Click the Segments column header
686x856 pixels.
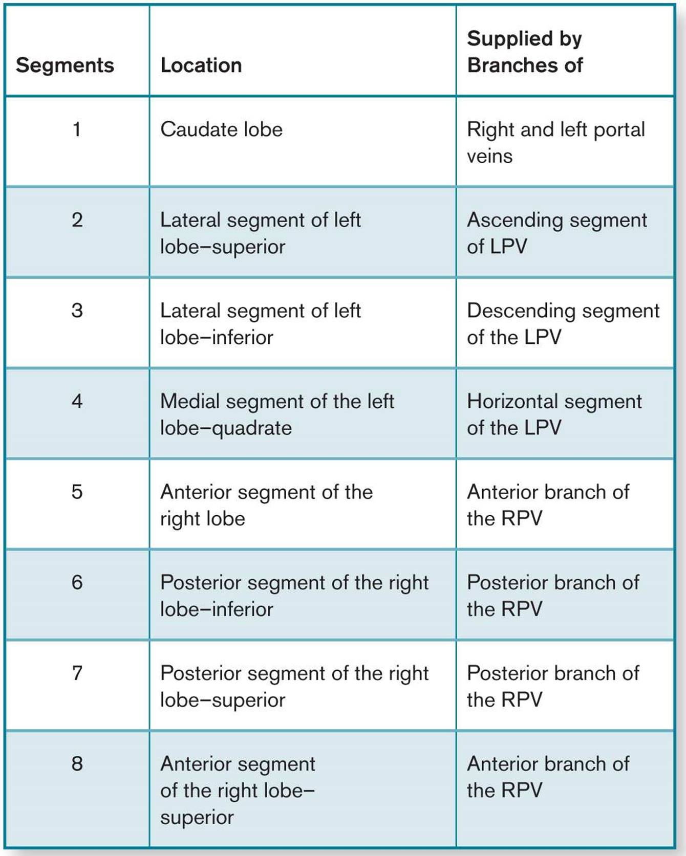pos(65,65)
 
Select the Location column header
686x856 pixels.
pos(201,65)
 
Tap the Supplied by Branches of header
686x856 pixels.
pos(525,52)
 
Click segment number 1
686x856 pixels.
pos(77,129)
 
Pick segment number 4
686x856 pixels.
pos(77,401)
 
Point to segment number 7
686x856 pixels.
pos(77,673)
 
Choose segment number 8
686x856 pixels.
pos(77,763)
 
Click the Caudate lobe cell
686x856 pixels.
pos(221,129)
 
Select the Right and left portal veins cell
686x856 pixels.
pos(556,143)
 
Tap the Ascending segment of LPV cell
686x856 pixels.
pos(557,233)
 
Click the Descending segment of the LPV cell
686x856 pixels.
pos(563,324)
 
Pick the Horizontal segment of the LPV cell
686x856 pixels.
pos(554,414)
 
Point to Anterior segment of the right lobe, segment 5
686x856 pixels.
pos(267,505)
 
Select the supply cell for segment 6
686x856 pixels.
pos(553,596)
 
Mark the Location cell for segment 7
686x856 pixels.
pos(294,686)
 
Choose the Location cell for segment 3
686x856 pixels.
pos(261,324)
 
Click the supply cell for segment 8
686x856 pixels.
pos(548,777)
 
